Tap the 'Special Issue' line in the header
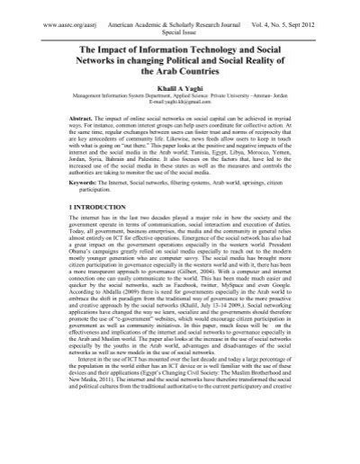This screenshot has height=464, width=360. pyautogui.click(x=178, y=23)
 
